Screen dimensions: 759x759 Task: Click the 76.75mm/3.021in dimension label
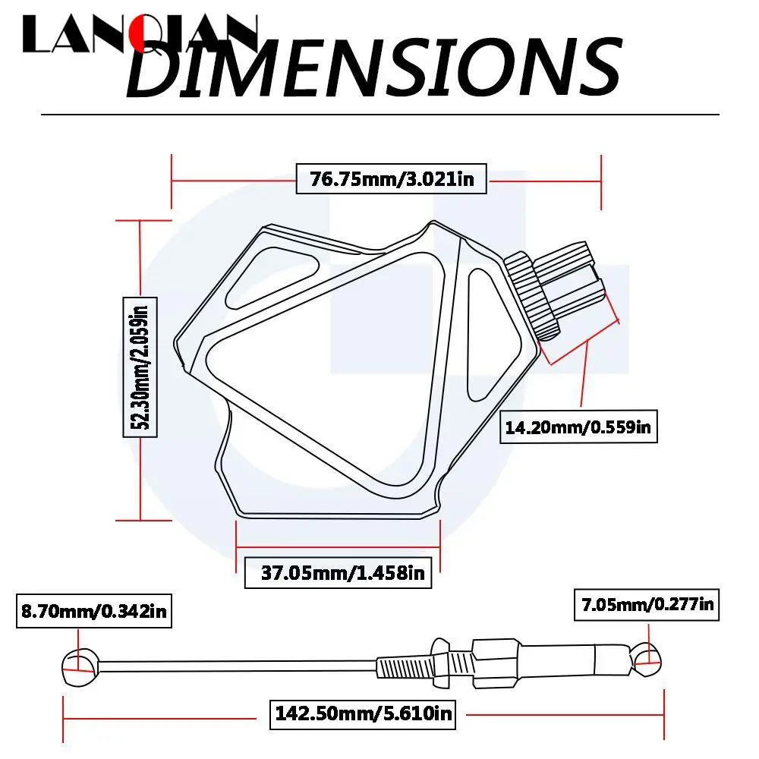coord(391,178)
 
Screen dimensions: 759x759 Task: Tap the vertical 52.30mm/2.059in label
coord(140,367)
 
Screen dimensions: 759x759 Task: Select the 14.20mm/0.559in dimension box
coord(578,427)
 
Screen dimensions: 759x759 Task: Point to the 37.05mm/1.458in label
coord(338,572)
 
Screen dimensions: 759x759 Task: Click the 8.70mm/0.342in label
coord(94,611)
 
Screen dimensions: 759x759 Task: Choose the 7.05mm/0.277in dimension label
coord(647,605)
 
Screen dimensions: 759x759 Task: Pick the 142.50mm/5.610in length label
coord(363,713)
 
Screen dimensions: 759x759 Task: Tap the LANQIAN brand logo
coord(140,34)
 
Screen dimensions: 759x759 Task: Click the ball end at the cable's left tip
coord(80,666)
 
